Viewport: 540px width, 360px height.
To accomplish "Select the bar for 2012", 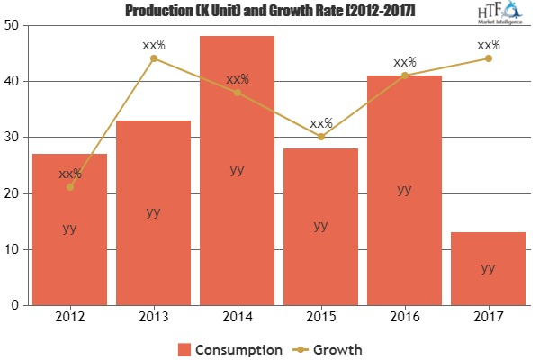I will (x=70, y=229).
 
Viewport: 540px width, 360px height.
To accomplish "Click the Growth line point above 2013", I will (x=154, y=58).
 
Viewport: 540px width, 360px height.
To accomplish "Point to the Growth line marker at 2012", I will (x=70, y=187).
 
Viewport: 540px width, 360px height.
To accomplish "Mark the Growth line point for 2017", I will (x=488, y=58).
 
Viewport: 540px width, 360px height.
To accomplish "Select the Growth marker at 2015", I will (x=320, y=137).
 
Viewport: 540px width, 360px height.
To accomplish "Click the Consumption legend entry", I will (x=230, y=348).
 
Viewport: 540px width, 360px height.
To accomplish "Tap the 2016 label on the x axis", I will (x=404, y=317).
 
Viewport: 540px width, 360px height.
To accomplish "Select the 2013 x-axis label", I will (x=154, y=317).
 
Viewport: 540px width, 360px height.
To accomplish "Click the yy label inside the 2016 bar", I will (x=404, y=190).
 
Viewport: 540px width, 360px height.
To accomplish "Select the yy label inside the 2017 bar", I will (x=488, y=267).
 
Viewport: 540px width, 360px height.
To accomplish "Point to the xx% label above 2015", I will (x=320, y=122).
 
